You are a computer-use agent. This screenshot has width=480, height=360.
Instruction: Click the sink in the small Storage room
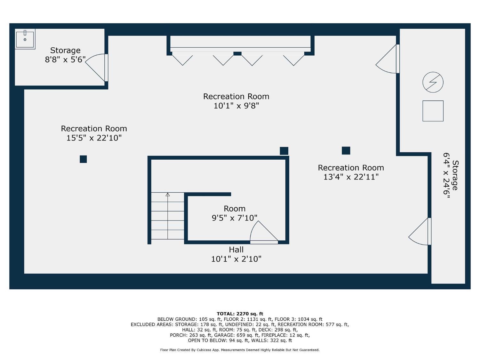[25, 39]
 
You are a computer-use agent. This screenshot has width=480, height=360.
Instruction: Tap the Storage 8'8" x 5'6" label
[65, 55]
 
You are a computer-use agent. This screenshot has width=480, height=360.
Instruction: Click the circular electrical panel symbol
[433, 82]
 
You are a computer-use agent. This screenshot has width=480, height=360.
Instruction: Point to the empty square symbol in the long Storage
[433, 111]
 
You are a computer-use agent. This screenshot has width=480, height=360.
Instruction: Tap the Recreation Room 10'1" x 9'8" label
[236, 101]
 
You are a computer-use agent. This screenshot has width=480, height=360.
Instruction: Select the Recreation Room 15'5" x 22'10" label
[94, 133]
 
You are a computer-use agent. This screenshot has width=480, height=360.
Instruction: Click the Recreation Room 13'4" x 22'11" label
[351, 172]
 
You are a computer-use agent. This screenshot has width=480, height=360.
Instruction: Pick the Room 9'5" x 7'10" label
[235, 213]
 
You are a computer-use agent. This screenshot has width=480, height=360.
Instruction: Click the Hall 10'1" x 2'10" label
[236, 254]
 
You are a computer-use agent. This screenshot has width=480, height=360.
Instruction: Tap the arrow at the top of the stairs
[168, 194]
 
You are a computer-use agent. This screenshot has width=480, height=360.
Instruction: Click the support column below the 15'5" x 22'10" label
[83, 159]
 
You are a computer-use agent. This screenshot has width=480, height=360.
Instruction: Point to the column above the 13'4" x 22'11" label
[346, 150]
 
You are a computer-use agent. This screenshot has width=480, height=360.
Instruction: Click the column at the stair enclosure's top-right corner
[284, 151]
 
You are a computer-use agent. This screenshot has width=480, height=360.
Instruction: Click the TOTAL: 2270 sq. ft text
[240, 314]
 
